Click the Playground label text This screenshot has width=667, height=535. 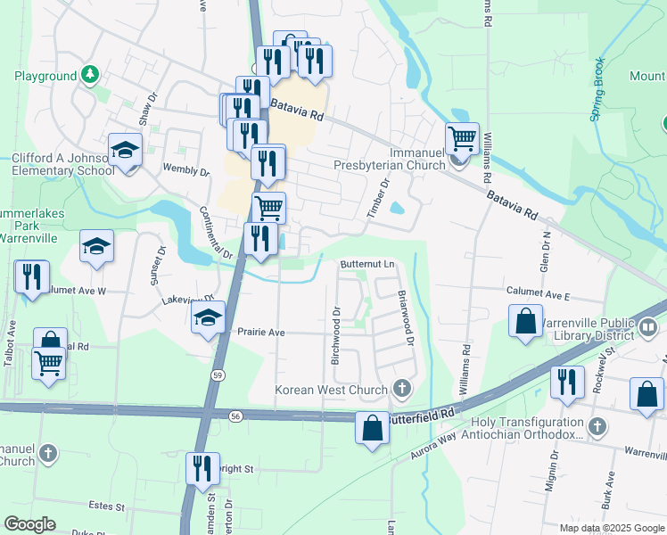45,76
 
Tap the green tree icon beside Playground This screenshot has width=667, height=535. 89,74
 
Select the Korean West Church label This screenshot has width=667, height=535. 332,390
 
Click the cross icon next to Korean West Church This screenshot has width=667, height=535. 402,388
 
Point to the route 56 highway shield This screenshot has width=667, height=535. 235,416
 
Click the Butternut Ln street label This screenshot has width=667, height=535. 366,265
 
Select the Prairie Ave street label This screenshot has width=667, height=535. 260,333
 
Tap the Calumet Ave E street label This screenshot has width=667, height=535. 537,293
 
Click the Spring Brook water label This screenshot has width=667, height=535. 598,89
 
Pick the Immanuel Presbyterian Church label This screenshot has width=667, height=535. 390,158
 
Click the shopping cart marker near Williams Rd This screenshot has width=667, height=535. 462,139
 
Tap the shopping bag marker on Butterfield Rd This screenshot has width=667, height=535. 373,428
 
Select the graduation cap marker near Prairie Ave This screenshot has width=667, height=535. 208,318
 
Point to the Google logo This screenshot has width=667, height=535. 29,524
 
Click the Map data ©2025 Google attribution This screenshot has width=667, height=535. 612,528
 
